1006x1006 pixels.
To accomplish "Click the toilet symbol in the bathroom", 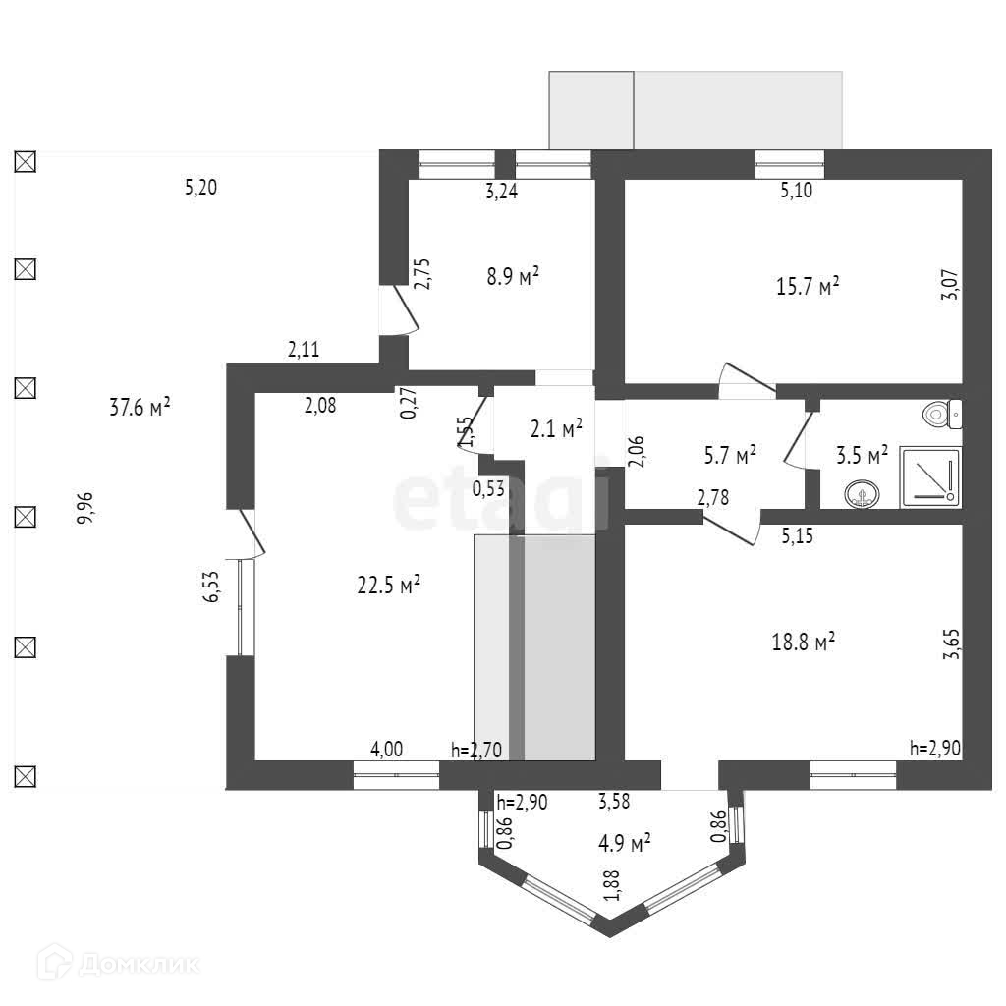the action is (944, 414).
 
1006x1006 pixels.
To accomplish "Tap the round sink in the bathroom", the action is (862, 494).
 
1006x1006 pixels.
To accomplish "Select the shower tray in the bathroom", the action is (930, 476).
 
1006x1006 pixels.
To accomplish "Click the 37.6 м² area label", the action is (140, 407).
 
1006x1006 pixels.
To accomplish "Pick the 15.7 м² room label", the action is (808, 287).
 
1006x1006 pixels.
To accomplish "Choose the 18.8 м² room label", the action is (804, 643).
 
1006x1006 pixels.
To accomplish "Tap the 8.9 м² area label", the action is (514, 277).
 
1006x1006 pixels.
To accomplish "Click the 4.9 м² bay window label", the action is (625, 843).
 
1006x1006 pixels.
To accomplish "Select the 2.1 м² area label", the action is (556, 427).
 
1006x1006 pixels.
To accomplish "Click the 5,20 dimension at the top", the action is (200, 187).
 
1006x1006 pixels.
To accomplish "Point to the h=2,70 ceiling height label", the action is (476, 751).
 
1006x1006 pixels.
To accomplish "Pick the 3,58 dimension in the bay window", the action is (614, 801).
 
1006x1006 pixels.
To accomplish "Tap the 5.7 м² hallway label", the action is (731, 454).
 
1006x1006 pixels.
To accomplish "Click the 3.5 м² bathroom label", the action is (862, 454).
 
